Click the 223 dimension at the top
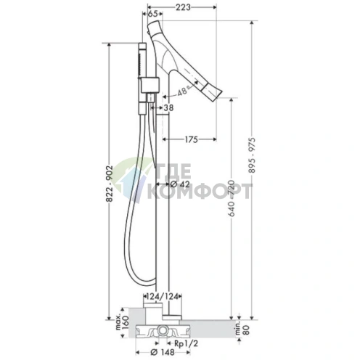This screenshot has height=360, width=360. click(183, 7)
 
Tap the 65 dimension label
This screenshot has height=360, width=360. click(152, 14)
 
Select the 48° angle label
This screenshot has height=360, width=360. click(183, 91)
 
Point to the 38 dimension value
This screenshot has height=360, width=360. click(168, 107)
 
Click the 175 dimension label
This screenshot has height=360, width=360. click(191, 139)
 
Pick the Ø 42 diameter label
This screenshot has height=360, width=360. click(180, 184)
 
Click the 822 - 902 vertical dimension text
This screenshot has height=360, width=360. click(110, 184)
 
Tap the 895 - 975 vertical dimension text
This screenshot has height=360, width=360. click(252, 155)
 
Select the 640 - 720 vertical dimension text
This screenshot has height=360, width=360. click(232, 198)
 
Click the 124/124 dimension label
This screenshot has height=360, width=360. click(163, 296)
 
